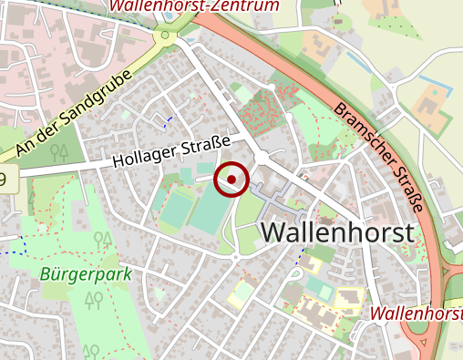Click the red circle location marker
(x=231, y=180)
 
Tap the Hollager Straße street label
(x=172, y=151)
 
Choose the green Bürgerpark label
(x=86, y=273)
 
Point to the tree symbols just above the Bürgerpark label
(x=102, y=240)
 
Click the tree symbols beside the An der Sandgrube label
(x=60, y=151)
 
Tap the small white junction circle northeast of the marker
(x=262, y=158)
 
